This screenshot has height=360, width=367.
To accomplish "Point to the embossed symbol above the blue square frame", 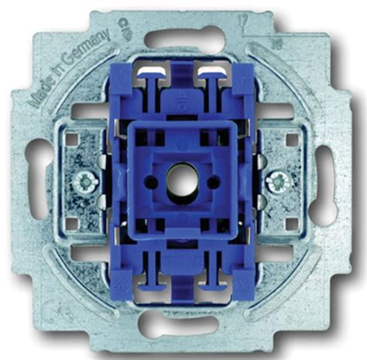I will coord(183,98).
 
